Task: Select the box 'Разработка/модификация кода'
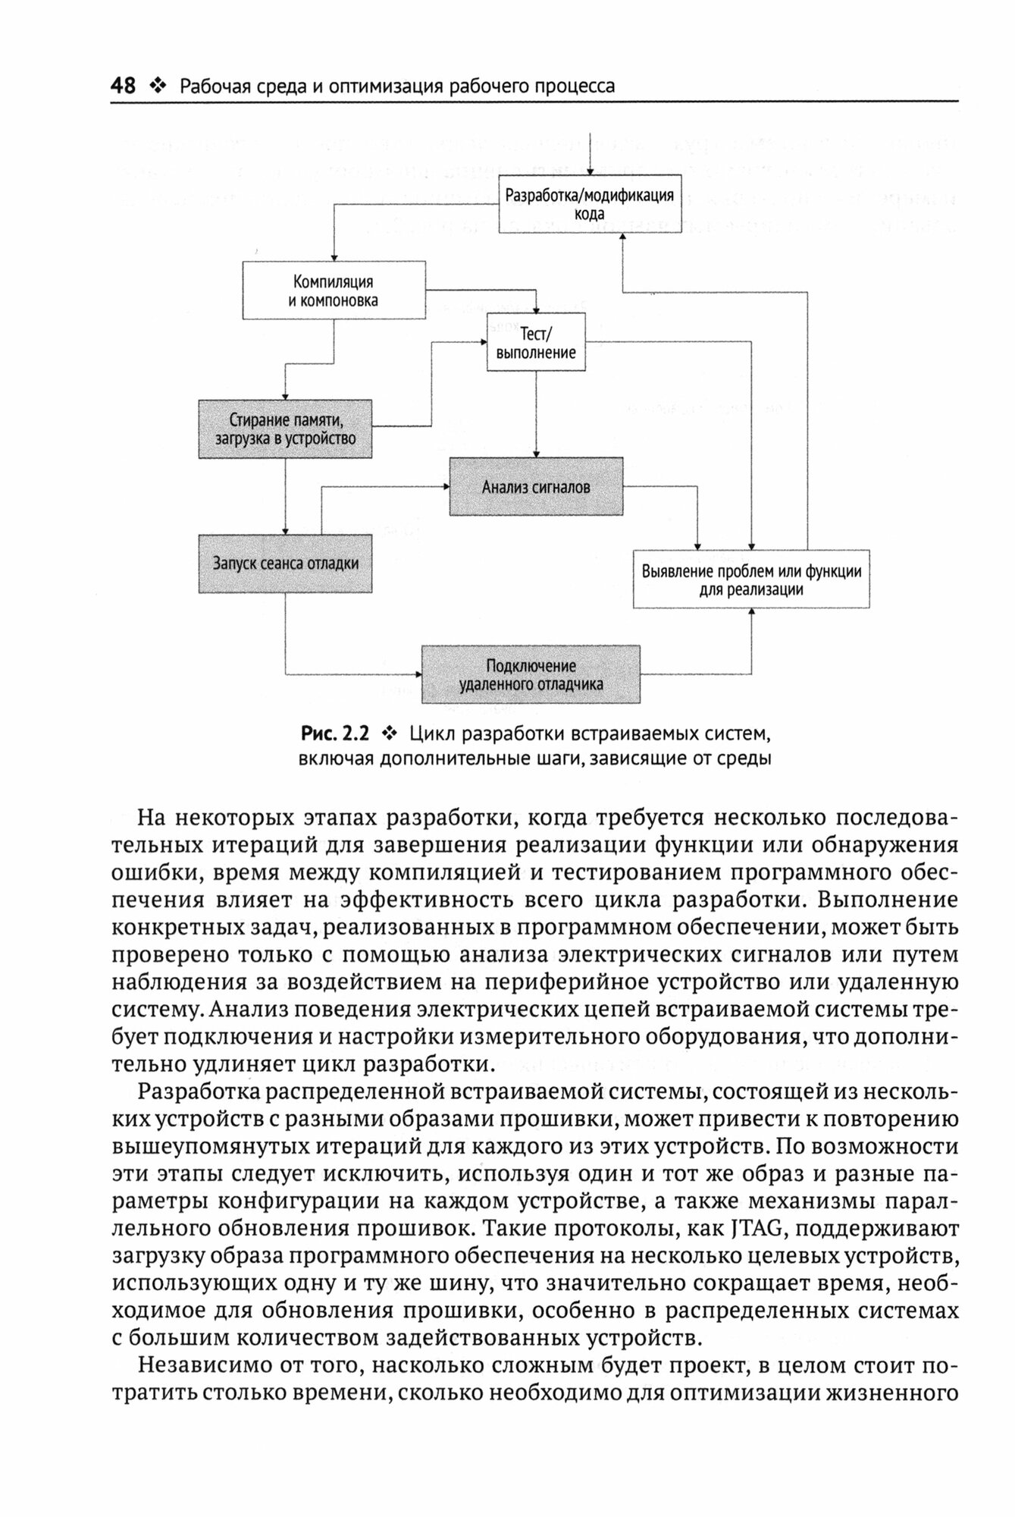coord(590,203)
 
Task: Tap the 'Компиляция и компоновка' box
coord(334,291)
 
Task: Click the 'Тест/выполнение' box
coord(536,342)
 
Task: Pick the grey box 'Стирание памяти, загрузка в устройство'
coord(285,429)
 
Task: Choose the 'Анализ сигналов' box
coord(536,487)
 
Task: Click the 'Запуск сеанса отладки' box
coord(285,564)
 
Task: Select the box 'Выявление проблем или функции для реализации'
coord(750,580)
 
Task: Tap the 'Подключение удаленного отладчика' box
coord(531,675)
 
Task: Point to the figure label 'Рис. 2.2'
coord(335,733)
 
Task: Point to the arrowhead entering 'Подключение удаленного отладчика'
coord(418,674)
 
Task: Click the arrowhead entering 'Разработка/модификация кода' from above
coord(590,170)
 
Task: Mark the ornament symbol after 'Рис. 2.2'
coord(390,733)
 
